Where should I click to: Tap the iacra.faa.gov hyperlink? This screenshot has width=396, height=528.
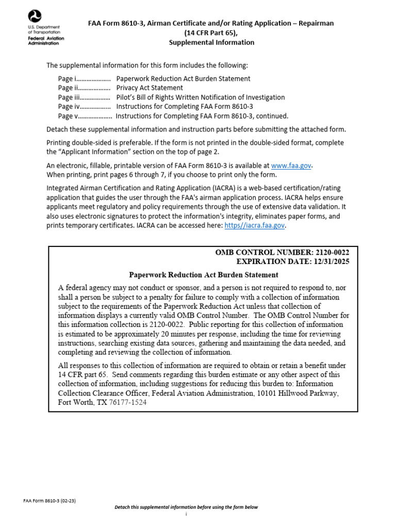[255, 225]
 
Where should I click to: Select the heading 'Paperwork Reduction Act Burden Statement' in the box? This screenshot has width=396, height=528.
[203, 275]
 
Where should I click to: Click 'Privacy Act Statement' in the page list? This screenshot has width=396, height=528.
[150, 88]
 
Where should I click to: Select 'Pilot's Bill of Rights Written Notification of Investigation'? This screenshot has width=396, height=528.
[201, 97]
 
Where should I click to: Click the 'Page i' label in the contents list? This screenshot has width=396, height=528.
[67, 78]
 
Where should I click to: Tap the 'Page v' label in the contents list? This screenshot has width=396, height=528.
[67, 115]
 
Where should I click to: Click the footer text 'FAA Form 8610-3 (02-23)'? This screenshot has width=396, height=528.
[50, 500]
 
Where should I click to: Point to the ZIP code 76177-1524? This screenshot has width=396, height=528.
[127, 402]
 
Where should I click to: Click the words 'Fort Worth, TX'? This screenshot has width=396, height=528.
[82, 402]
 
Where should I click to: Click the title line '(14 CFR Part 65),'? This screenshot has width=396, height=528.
[211, 33]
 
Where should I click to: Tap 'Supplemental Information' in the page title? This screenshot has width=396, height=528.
[211, 42]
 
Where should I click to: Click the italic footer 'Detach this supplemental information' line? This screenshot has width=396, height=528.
[186, 507]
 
